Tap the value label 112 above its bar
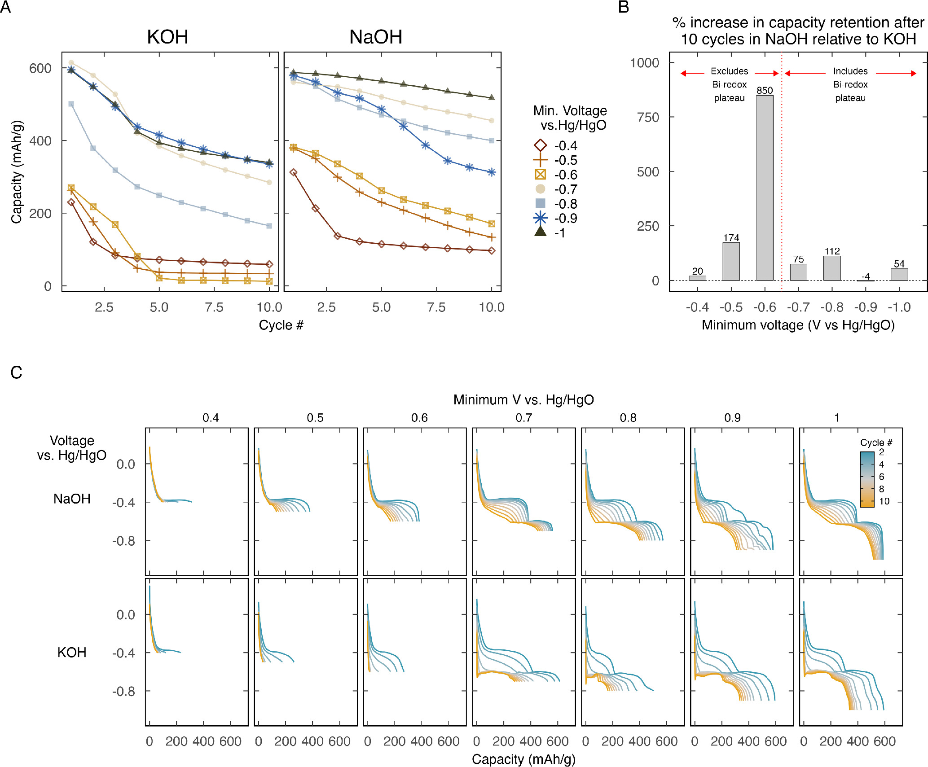(x=832, y=251)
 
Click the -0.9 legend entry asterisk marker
(x=540, y=219)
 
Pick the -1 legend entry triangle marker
(x=540, y=232)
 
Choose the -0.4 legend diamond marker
(x=540, y=145)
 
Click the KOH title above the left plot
(x=167, y=37)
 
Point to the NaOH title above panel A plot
(x=375, y=37)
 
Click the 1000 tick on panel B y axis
(x=644, y=63)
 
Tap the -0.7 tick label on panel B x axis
(x=798, y=307)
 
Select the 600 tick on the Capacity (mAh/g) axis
(x=40, y=68)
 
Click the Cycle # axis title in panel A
(x=281, y=325)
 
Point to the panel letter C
(x=16, y=373)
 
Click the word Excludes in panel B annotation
(x=729, y=71)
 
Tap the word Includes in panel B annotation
(x=850, y=71)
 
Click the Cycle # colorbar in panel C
(x=866, y=479)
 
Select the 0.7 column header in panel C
(x=523, y=418)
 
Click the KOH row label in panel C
(x=72, y=652)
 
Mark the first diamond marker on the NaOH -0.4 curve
(x=293, y=172)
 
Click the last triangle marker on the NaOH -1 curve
(x=491, y=97)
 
